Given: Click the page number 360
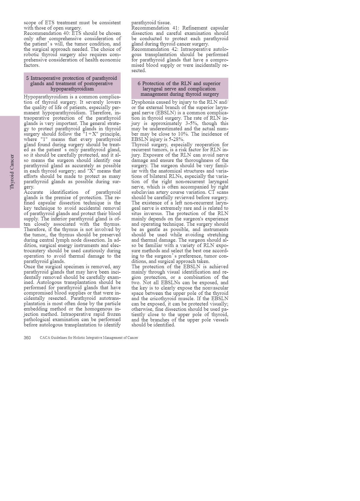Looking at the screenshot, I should point(27,338).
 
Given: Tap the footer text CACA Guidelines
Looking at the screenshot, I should point(89,338).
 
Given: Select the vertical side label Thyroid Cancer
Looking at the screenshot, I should point(12,172).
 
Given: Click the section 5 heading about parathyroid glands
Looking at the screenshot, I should point(72,83).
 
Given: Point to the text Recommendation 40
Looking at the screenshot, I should point(47,33).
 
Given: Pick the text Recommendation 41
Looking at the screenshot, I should point(155,28).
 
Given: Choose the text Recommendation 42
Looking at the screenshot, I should point(155,49).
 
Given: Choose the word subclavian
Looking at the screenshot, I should point(144,192).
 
